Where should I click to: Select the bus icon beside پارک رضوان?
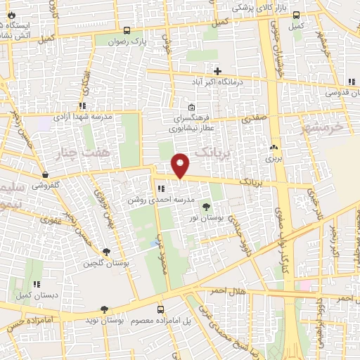coord(127,30)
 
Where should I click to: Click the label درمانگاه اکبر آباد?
coord(217,82)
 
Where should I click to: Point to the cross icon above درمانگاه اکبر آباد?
coord(217,71)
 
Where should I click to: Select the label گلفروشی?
coord(46,185)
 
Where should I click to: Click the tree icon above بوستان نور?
coord(206,207)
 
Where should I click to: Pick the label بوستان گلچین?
coord(105,264)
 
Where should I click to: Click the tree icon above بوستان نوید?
coord(105,309)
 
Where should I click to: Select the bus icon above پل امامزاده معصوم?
coord(161,309)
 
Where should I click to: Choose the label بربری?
coord(272,160)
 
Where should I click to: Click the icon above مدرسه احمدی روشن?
coord(161,188)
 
